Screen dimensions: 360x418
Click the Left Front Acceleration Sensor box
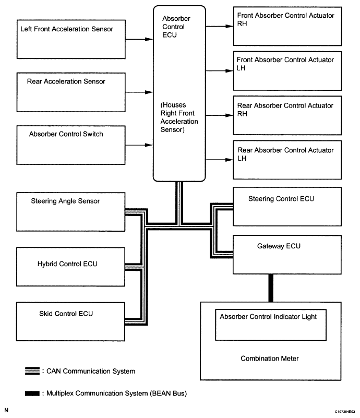tap(71, 39)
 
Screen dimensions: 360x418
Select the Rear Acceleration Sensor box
tap(71, 92)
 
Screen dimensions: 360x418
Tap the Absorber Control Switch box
tap(71, 145)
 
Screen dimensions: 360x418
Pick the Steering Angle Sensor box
tap(70, 212)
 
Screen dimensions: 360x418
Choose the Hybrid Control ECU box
tap(70, 267)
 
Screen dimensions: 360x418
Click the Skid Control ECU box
tap(70, 321)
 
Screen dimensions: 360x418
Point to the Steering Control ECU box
tap(287, 207)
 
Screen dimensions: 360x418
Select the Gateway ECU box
tap(287, 255)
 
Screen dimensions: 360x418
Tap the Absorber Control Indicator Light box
tap(271, 325)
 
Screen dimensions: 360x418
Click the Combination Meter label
tap(270, 359)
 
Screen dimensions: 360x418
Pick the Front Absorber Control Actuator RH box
tap(287, 27)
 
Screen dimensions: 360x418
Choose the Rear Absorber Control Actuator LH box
tap(287, 160)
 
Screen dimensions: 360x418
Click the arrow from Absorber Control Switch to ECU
tap(139, 145)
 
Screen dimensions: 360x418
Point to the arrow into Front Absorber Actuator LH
tap(219, 70)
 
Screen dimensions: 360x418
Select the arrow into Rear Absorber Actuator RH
tap(219, 115)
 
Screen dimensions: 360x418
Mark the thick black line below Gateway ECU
tap(271, 288)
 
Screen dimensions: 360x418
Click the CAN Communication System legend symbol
tap(32, 371)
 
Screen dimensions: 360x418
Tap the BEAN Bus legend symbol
tap(32, 393)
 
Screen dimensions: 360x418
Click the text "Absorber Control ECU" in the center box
tap(176, 27)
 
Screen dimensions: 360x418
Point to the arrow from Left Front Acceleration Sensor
tap(139, 39)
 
